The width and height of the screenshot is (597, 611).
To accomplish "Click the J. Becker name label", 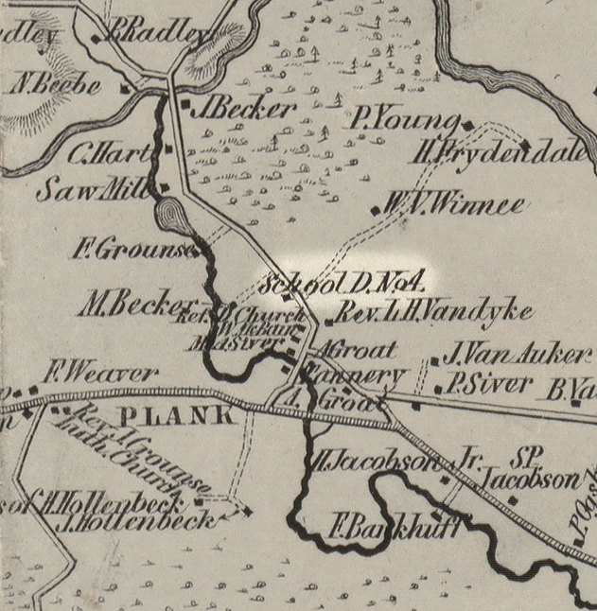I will (x=244, y=109).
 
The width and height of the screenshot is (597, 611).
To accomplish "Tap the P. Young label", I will (x=404, y=119).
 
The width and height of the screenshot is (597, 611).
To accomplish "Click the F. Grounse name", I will (x=132, y=252).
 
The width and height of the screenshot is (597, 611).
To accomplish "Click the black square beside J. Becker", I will (x=185, y=102).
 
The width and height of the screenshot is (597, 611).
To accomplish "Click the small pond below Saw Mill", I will (x=169, y=217).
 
